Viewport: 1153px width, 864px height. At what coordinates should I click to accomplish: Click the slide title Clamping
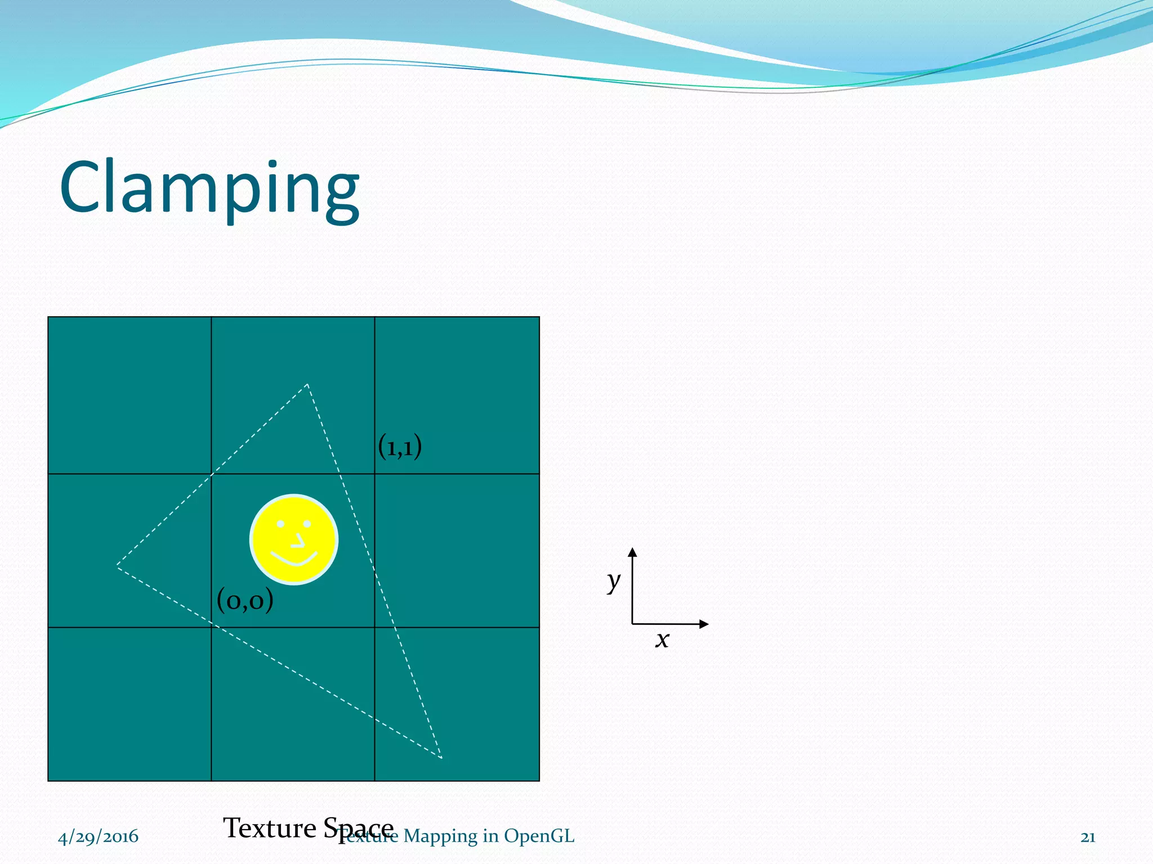209,188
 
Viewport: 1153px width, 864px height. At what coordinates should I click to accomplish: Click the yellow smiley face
293,539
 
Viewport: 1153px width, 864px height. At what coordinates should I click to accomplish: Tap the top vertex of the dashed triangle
307,385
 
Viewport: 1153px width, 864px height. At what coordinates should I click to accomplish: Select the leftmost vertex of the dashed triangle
118,565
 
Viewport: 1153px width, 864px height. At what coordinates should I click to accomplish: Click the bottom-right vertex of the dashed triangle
441,758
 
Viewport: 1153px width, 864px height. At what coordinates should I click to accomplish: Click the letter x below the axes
662,640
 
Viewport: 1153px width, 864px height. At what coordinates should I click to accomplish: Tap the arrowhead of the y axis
633,552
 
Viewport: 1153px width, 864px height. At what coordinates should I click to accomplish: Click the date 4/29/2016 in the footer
98,836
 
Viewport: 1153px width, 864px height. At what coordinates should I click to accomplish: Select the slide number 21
1088,837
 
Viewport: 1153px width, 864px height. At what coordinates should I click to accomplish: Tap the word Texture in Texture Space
270,828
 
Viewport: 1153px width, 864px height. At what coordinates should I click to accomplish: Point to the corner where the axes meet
633,624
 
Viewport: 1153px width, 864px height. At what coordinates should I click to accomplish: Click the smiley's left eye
280,524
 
